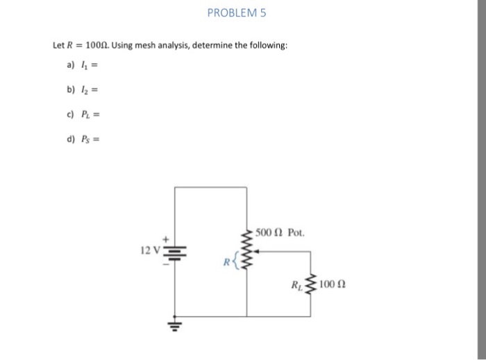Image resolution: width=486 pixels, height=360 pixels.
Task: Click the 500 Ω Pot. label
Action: pyautogui.click(x=279, y=232)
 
